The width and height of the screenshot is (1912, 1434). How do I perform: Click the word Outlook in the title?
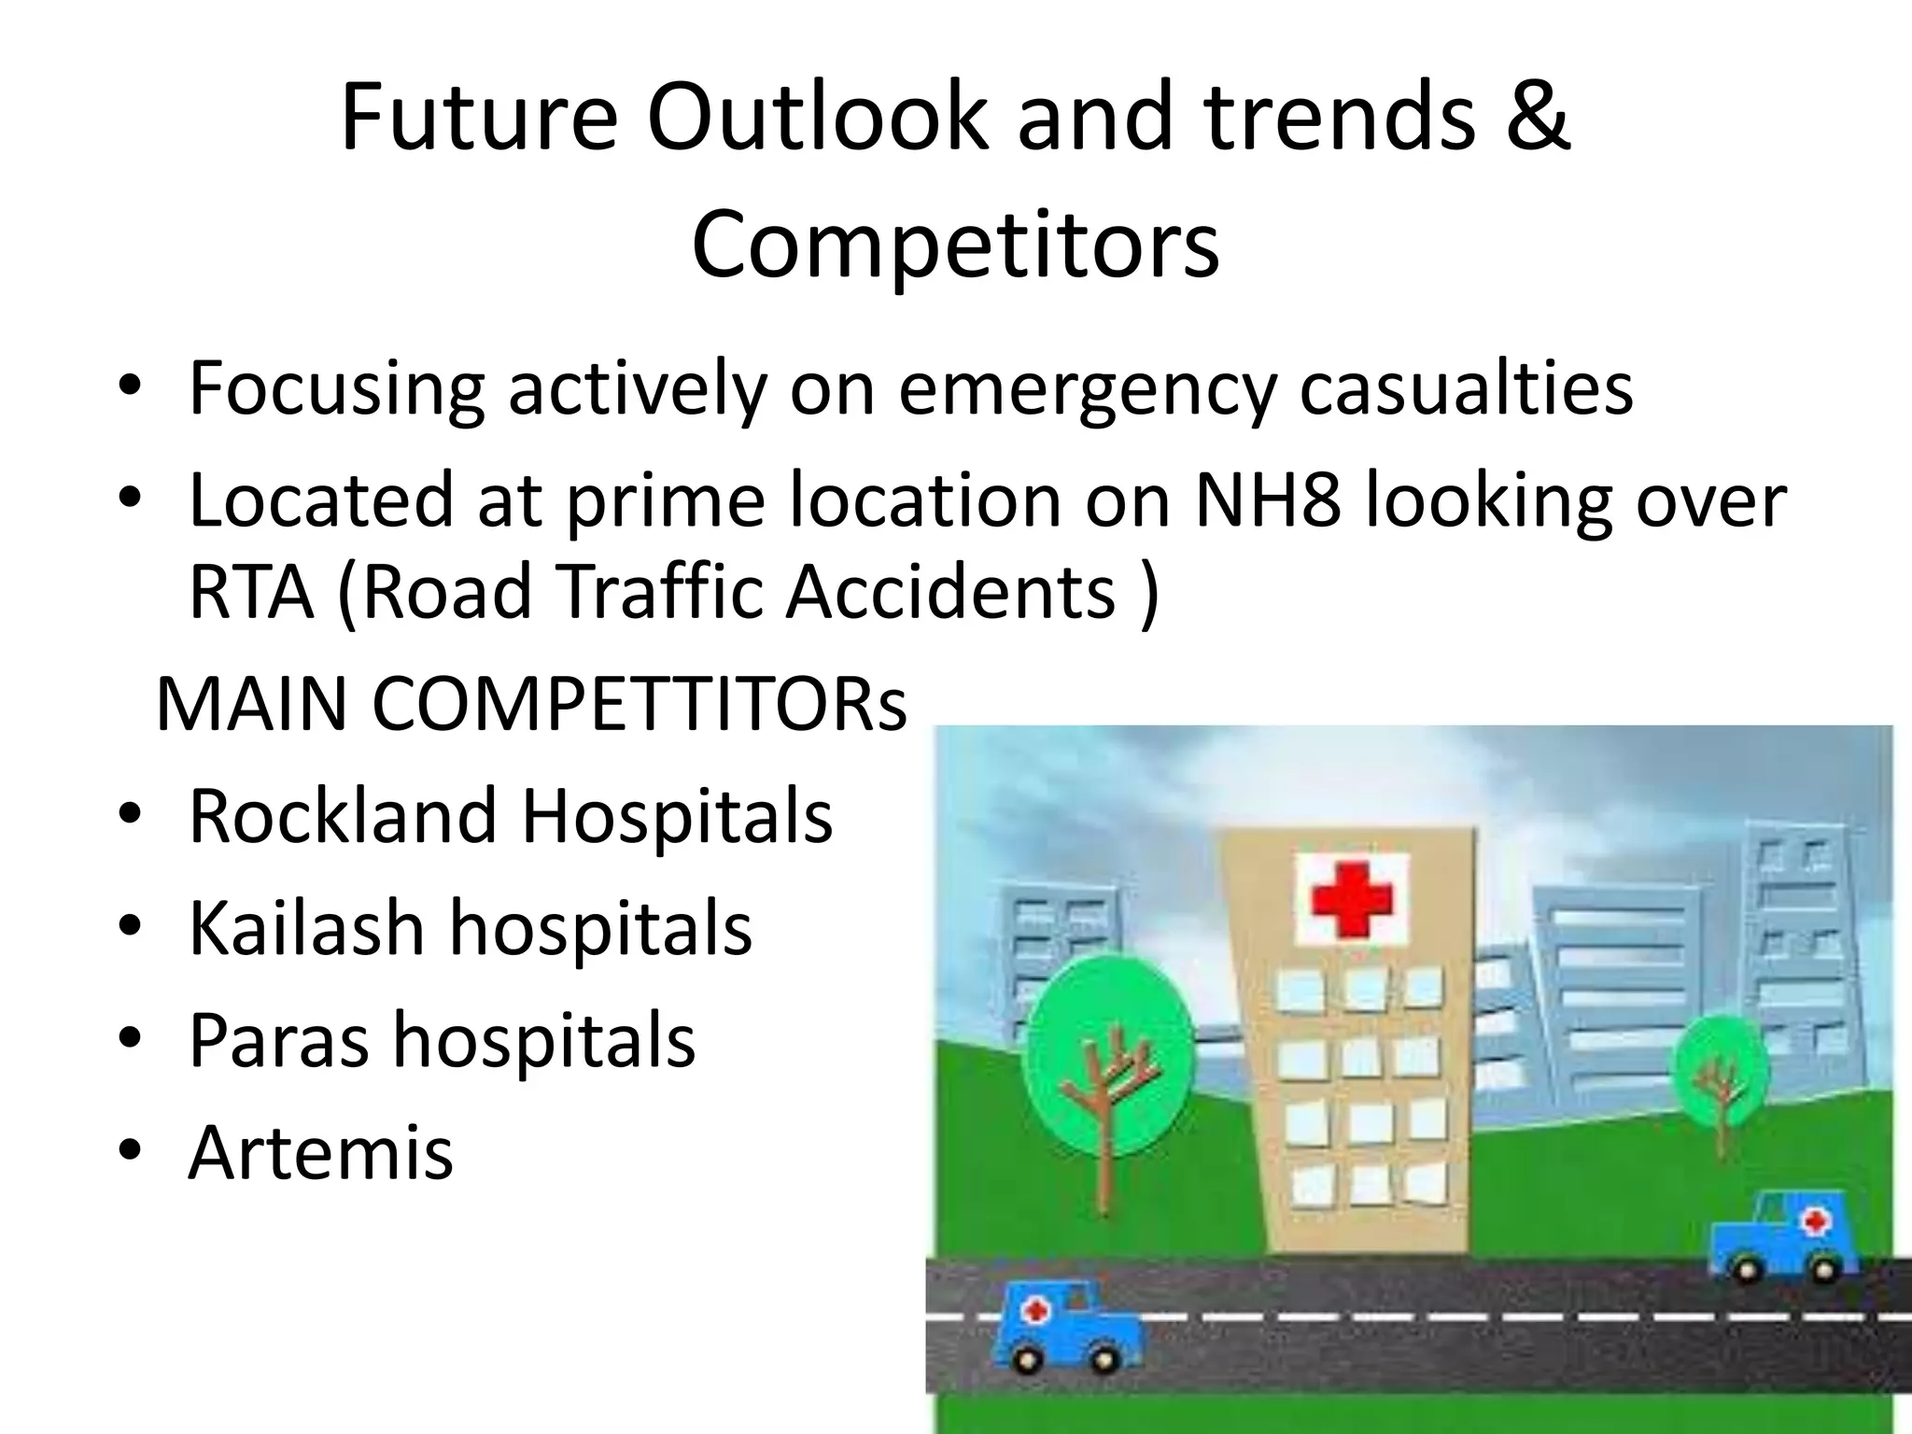(817, 119)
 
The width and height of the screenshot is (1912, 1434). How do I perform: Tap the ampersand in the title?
(1536, 119)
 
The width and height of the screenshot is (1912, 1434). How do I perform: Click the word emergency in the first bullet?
(1086, 387)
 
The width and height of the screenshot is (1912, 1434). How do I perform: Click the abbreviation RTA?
(251, 592)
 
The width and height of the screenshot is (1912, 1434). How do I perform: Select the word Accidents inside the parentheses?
(950, 592)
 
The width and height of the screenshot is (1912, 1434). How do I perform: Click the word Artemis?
(320, 1152)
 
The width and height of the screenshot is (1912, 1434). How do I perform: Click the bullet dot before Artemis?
(130, 1150)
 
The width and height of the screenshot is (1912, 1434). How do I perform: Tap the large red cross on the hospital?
(1351, 898)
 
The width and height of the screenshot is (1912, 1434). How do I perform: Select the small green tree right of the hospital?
(1721, 1067)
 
